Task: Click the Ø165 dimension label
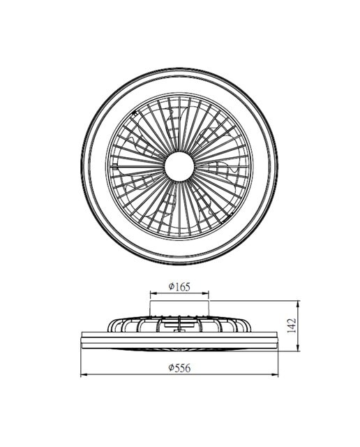(179, 286)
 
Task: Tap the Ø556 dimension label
(179, 368)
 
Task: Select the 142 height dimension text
(292, 325)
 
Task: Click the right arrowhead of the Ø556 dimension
(275, 374)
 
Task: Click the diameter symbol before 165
(171, 286)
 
